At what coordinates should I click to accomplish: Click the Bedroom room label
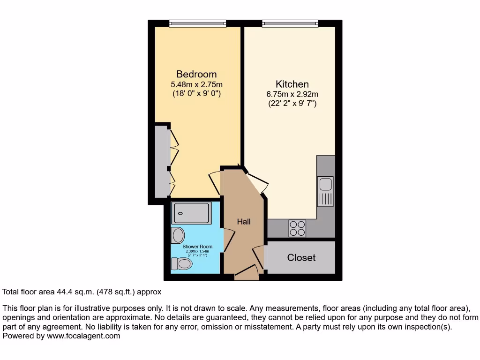point(196,74)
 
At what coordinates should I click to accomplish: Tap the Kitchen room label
point(292,84)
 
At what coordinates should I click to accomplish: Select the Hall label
point(243,221)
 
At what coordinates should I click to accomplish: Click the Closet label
point(301,258)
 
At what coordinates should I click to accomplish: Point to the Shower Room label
point(197,247)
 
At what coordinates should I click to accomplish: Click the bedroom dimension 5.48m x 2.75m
point(196,84)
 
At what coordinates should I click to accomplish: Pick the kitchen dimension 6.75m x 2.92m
point(292,94)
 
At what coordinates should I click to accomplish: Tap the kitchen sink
point(325,191)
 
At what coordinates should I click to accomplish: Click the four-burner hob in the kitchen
point(297,228)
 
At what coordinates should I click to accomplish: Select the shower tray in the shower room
point(191,213)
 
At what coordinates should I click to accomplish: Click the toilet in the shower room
point(182,264)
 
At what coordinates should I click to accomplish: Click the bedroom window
point(197,23)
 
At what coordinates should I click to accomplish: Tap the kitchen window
point(290,23)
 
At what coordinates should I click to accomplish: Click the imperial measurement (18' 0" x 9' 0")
point(196,94)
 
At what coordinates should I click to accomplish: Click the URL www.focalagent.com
point(82,336)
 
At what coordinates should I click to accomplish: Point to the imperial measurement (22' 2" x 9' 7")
point(292,104)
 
